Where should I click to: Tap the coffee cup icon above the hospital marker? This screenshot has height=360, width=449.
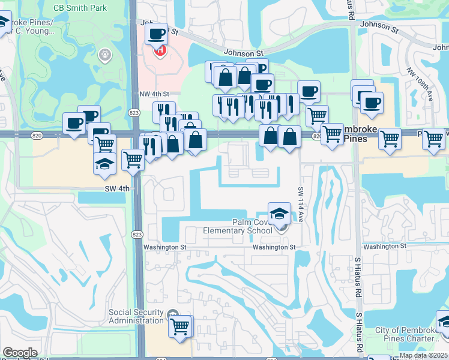pos(157,34)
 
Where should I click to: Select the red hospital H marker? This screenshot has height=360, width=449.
pos(160,51)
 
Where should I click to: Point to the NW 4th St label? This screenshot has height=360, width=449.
pos(154,94)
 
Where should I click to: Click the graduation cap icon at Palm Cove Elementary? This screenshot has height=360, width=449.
pos(279,213)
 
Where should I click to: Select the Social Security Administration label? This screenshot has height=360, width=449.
pos(136,316)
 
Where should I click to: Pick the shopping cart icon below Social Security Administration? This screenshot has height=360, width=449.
pos(180,327)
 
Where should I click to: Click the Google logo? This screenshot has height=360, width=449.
pos(20,353)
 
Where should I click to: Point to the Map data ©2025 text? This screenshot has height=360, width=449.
pos(423,355)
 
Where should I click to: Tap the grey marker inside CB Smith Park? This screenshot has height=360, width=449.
pos(105,56)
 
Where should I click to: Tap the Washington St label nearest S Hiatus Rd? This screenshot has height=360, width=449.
pos(385,247)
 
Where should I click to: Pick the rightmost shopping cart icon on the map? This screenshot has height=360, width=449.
pos(433,139)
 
